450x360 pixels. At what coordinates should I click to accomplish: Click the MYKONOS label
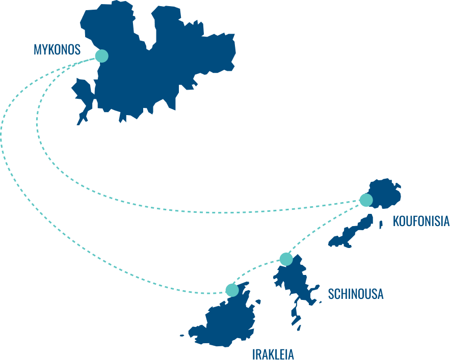coord(57,49)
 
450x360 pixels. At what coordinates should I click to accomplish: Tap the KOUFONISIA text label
coord(421,221)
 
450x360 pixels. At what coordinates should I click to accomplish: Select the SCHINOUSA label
coord(356,294)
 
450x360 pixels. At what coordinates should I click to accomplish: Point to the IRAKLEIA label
coord(273,354)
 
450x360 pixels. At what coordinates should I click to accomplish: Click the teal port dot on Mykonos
coord(101,56)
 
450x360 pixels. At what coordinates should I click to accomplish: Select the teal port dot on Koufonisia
coord(366,200)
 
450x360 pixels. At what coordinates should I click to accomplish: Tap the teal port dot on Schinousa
coord(286,259)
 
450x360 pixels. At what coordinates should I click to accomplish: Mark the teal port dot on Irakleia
coord(232,290)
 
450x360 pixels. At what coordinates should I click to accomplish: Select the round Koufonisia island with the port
coord(384,193)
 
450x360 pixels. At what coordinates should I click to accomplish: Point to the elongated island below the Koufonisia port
coord(352,232)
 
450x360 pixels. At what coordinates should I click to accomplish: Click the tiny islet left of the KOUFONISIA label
coord(381,225)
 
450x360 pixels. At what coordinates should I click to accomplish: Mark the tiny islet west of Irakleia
coord(182,336)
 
